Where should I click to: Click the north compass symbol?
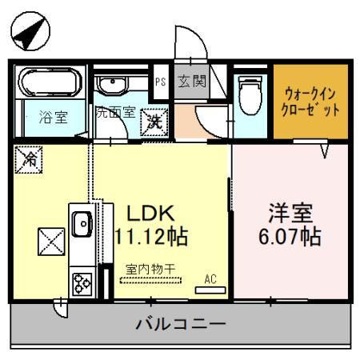[x=30, y=31]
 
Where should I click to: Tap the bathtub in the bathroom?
[x=50, y=82]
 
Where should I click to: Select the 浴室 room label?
[x=54, y=117]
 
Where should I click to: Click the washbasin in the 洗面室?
[x=113, y=86]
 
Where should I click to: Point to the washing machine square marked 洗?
[x=154, y=122]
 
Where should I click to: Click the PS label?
[x=161, y=82]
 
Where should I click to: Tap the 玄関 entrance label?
[x=192, y=82]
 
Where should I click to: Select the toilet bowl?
[x=250, y=95]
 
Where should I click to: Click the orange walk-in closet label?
[x=310, y=102]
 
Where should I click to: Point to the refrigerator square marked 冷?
[x=29, y=159]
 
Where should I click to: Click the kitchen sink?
[x=82, y=224]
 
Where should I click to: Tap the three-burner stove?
[x=82, y=283]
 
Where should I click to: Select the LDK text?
[x=151, y=214]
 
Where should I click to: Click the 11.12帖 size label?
[x=152, y=237]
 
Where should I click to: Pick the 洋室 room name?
[x=290, y=213]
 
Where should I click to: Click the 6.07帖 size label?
[x=290, y=237]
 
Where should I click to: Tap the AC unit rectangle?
[x=210, y=290]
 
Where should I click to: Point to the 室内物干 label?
[x=150, y=270]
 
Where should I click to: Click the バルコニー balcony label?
[x=181, y=324]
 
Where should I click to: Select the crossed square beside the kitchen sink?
[x=51, y=242]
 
